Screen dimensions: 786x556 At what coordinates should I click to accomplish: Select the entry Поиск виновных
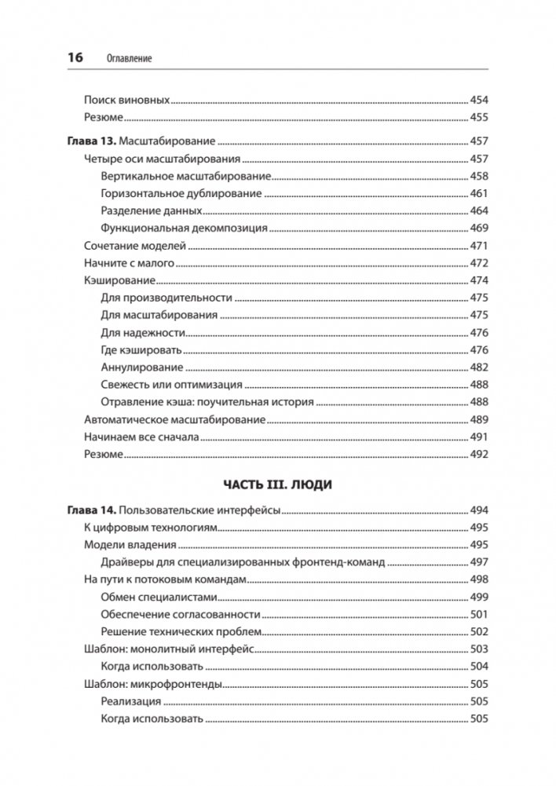coord(126,101)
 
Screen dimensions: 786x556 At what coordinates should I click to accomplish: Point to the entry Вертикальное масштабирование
coord(186,176)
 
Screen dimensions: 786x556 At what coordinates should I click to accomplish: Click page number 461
coord(478,194)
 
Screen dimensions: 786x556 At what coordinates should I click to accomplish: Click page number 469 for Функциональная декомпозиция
coord(478,228)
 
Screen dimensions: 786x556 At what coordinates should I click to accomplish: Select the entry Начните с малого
coord(129,263)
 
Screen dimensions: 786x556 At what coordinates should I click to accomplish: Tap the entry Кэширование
coord(119,280)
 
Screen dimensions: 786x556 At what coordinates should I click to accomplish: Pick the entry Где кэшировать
coord(141,349)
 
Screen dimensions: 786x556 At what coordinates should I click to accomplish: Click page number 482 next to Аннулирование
coord(478,367)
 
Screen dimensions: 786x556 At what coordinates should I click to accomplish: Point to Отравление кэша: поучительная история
coord(207,402)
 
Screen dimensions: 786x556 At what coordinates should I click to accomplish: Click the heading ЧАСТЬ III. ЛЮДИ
coord(277,485)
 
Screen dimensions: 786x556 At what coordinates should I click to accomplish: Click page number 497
coord(478,562)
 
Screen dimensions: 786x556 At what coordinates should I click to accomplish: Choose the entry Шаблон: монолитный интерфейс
coord(166,649)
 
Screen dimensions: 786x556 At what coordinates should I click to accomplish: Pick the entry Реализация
coord(131,701)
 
